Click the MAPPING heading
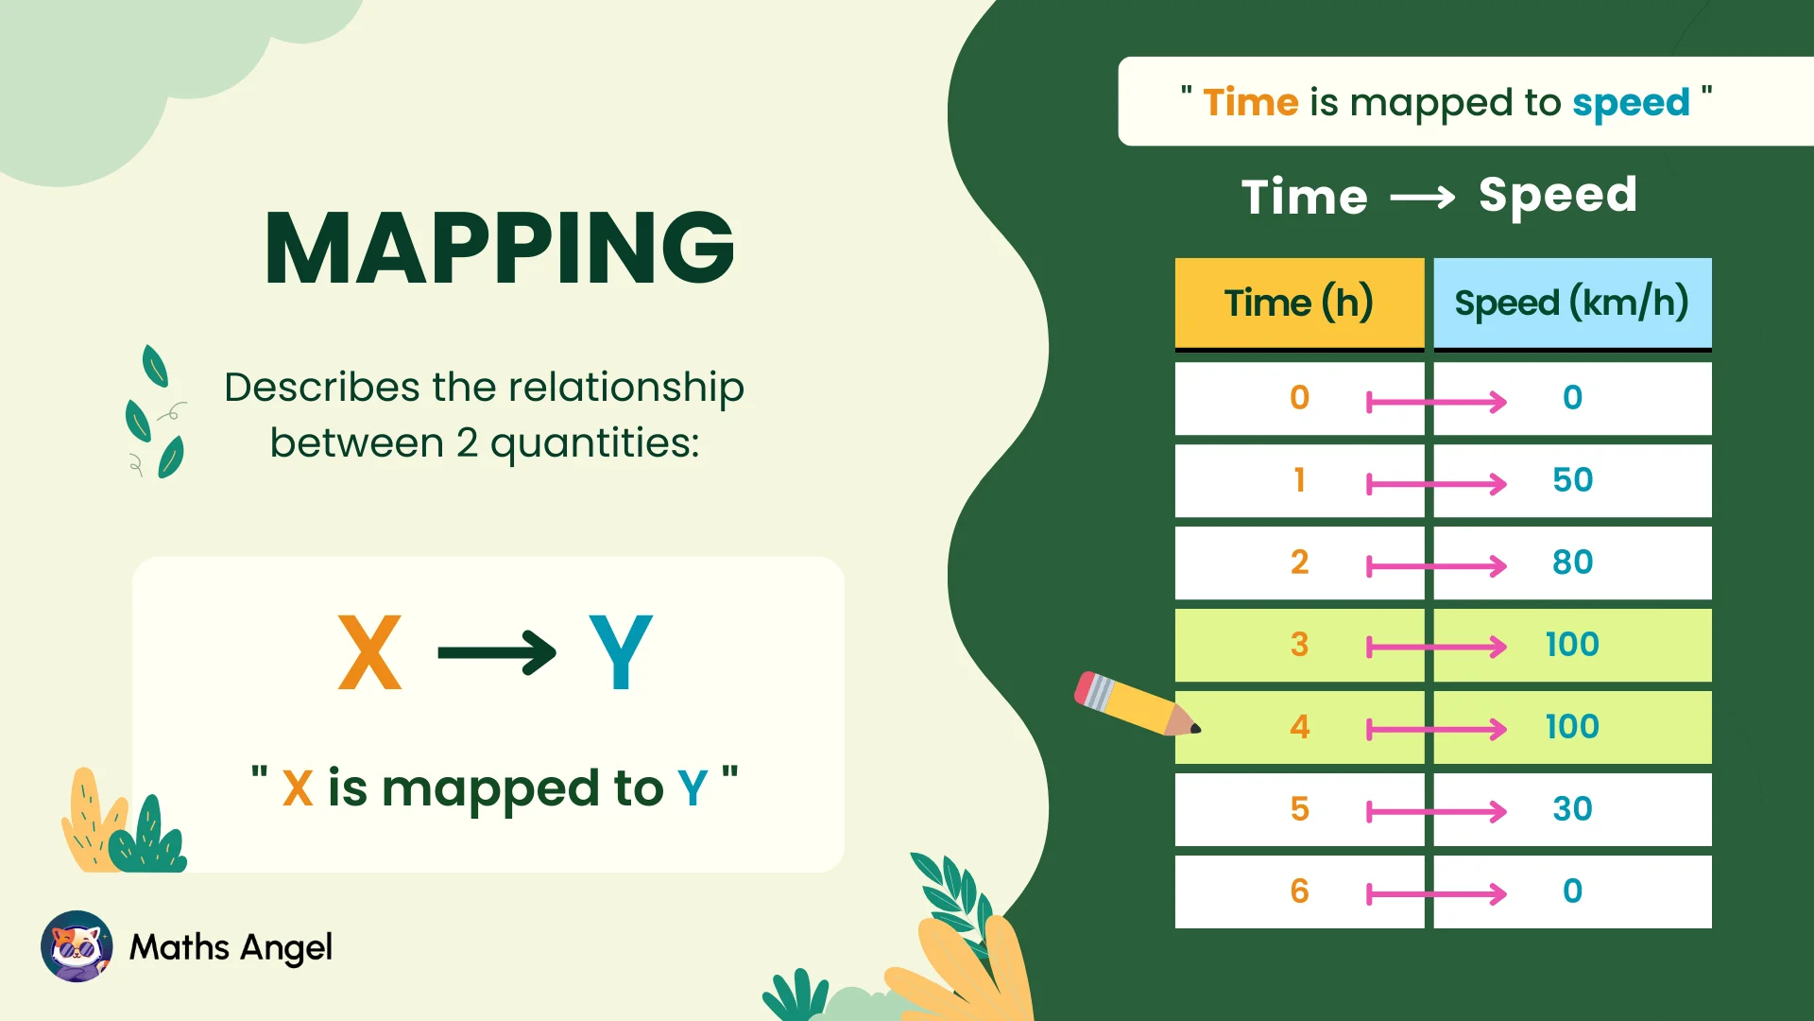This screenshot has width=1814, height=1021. coord(500,249)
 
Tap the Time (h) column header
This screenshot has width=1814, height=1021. coord(1298,303)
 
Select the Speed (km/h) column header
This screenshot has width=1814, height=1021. coord(1571,303)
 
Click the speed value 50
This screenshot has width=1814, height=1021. coord(1572,480)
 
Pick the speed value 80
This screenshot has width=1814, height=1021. coord(1572,562)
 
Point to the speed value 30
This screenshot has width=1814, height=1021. coord(1572,809)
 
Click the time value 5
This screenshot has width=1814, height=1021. coord(1299,809)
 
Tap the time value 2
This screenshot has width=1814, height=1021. coord(1299,562)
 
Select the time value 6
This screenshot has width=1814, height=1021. coord(1299,891)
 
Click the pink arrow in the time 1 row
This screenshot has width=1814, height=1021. coord(1436,484)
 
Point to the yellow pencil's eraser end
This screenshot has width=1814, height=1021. coord(1087,685)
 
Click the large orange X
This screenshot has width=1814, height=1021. coord(369,652)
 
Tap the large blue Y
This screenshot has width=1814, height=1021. coord(620,652)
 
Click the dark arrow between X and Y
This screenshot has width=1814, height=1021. coord(497,652)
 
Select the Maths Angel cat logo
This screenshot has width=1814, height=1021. coord(77,946)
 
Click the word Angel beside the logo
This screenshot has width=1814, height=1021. coord(286,947)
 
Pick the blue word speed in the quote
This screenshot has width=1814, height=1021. coord(1631,103)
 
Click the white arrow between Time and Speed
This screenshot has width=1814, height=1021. coord(1423,198)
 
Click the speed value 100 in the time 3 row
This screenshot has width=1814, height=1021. coord(1572,645)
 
